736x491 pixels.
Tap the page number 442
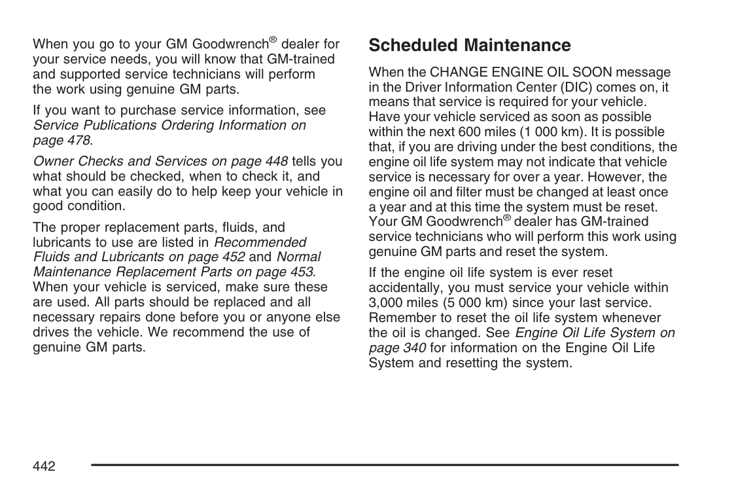point(44,465)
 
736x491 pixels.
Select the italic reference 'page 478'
point(61,139)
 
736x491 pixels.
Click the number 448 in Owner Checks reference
point(276,161)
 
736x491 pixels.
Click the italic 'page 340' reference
point(397,347)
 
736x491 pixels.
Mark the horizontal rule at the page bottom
point(385,465)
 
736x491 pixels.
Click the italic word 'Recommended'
point(260,242)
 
